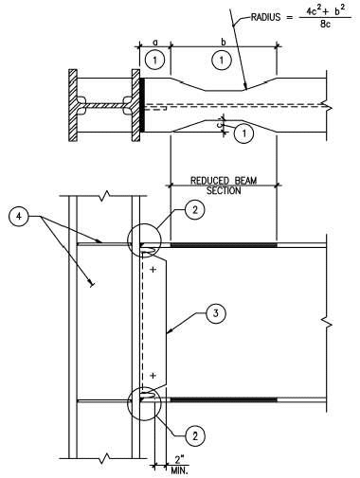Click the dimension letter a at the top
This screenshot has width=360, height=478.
click(153, 43)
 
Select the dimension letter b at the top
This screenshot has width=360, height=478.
click(222, 43)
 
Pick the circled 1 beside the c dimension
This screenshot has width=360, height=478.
click(244, 133)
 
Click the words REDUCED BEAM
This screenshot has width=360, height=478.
click(222, 180)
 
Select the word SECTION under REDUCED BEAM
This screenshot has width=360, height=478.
click(222, 190)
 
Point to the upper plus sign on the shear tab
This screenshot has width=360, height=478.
click(153, 271)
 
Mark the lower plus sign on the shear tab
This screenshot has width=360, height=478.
click(153, 376)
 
